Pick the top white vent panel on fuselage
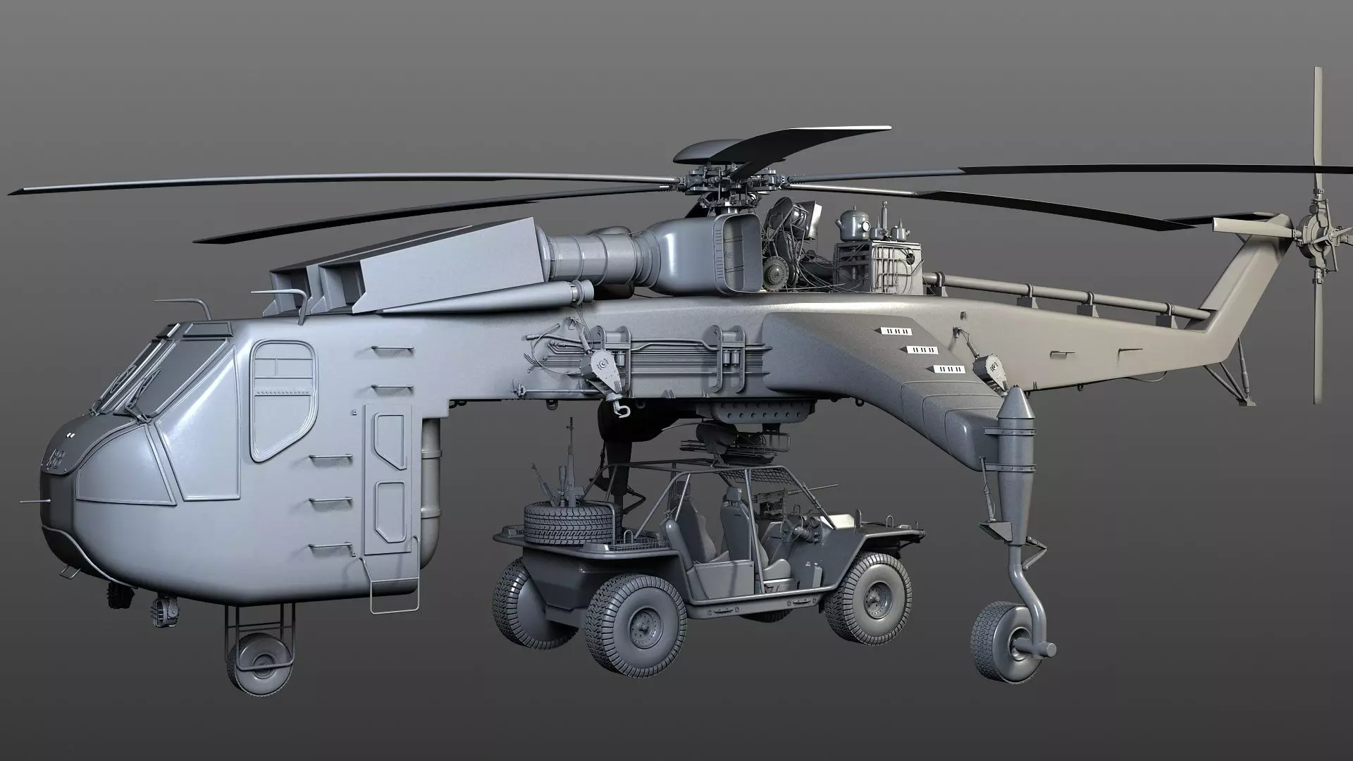pos(897,330)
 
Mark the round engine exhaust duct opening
pos(737,253)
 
